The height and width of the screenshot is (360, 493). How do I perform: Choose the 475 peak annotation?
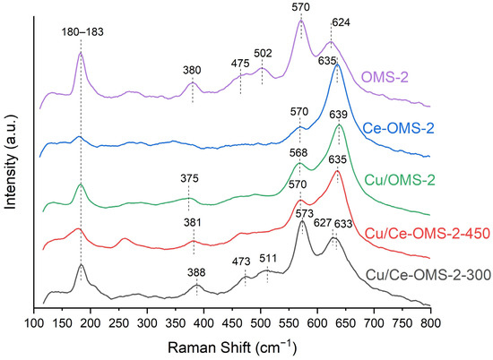(x=239, y=63)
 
